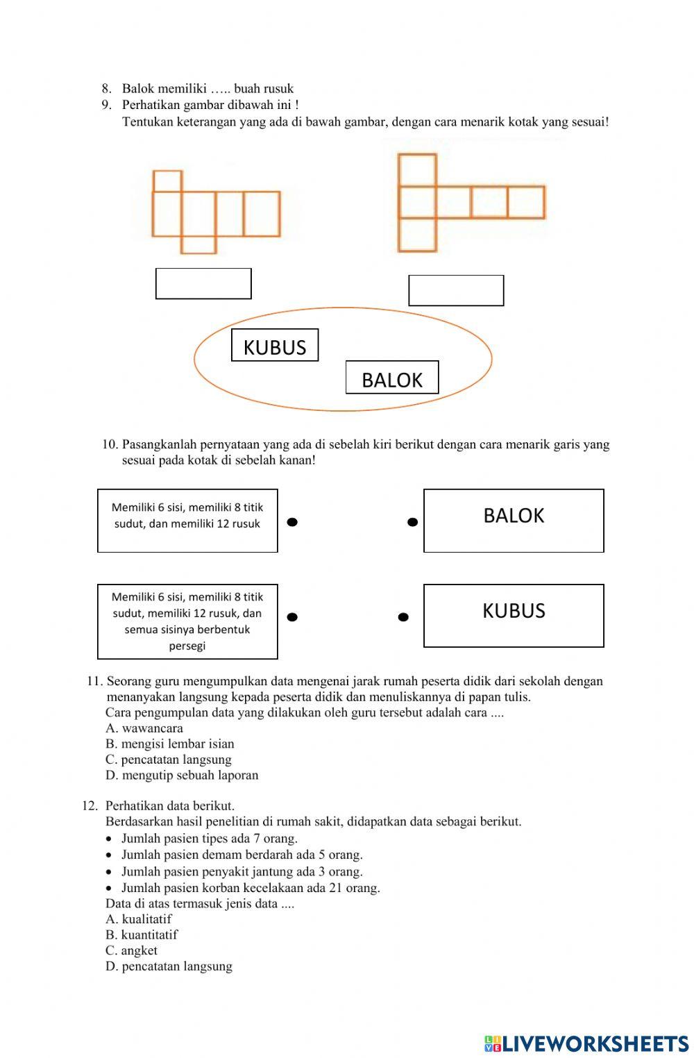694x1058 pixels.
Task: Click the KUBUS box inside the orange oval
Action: [275, 346]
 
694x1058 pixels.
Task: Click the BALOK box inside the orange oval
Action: [392, 378]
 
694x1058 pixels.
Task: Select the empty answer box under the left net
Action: [203, 284]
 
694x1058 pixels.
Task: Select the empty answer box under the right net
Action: [456, 291]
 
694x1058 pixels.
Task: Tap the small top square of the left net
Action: [167, 181]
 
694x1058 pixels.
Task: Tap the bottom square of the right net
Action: [417, 235]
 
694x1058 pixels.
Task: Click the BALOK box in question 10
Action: [514, 521]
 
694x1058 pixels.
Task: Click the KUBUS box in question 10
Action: [514, 616]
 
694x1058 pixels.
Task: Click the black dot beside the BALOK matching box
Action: [412, 522]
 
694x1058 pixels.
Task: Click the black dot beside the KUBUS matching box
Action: [403, 616]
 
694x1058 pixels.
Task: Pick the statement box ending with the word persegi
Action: [187, 621]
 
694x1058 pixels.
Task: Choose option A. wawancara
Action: [144, 728]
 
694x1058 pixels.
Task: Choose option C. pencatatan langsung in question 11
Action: [169, 759]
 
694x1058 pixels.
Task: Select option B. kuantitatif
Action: [142, 934]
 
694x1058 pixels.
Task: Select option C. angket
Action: [131, 950]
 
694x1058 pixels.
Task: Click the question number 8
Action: [106, 89]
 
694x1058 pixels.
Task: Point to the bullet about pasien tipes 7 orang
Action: [209, 839]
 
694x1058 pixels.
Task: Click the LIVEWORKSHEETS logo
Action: [586, 1043]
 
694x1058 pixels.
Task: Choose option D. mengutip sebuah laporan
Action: [182, 775]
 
